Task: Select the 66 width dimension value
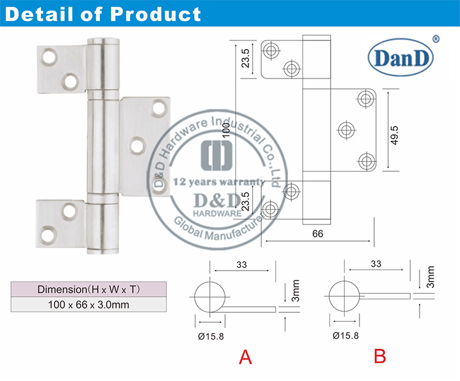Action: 318,233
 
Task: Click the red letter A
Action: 245,357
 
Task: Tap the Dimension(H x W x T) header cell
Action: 89,289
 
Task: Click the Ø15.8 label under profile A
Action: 210,336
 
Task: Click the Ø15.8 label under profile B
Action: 345,336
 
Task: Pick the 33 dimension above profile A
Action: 240,264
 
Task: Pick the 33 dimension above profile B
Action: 376,264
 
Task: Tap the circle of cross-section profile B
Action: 345,296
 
